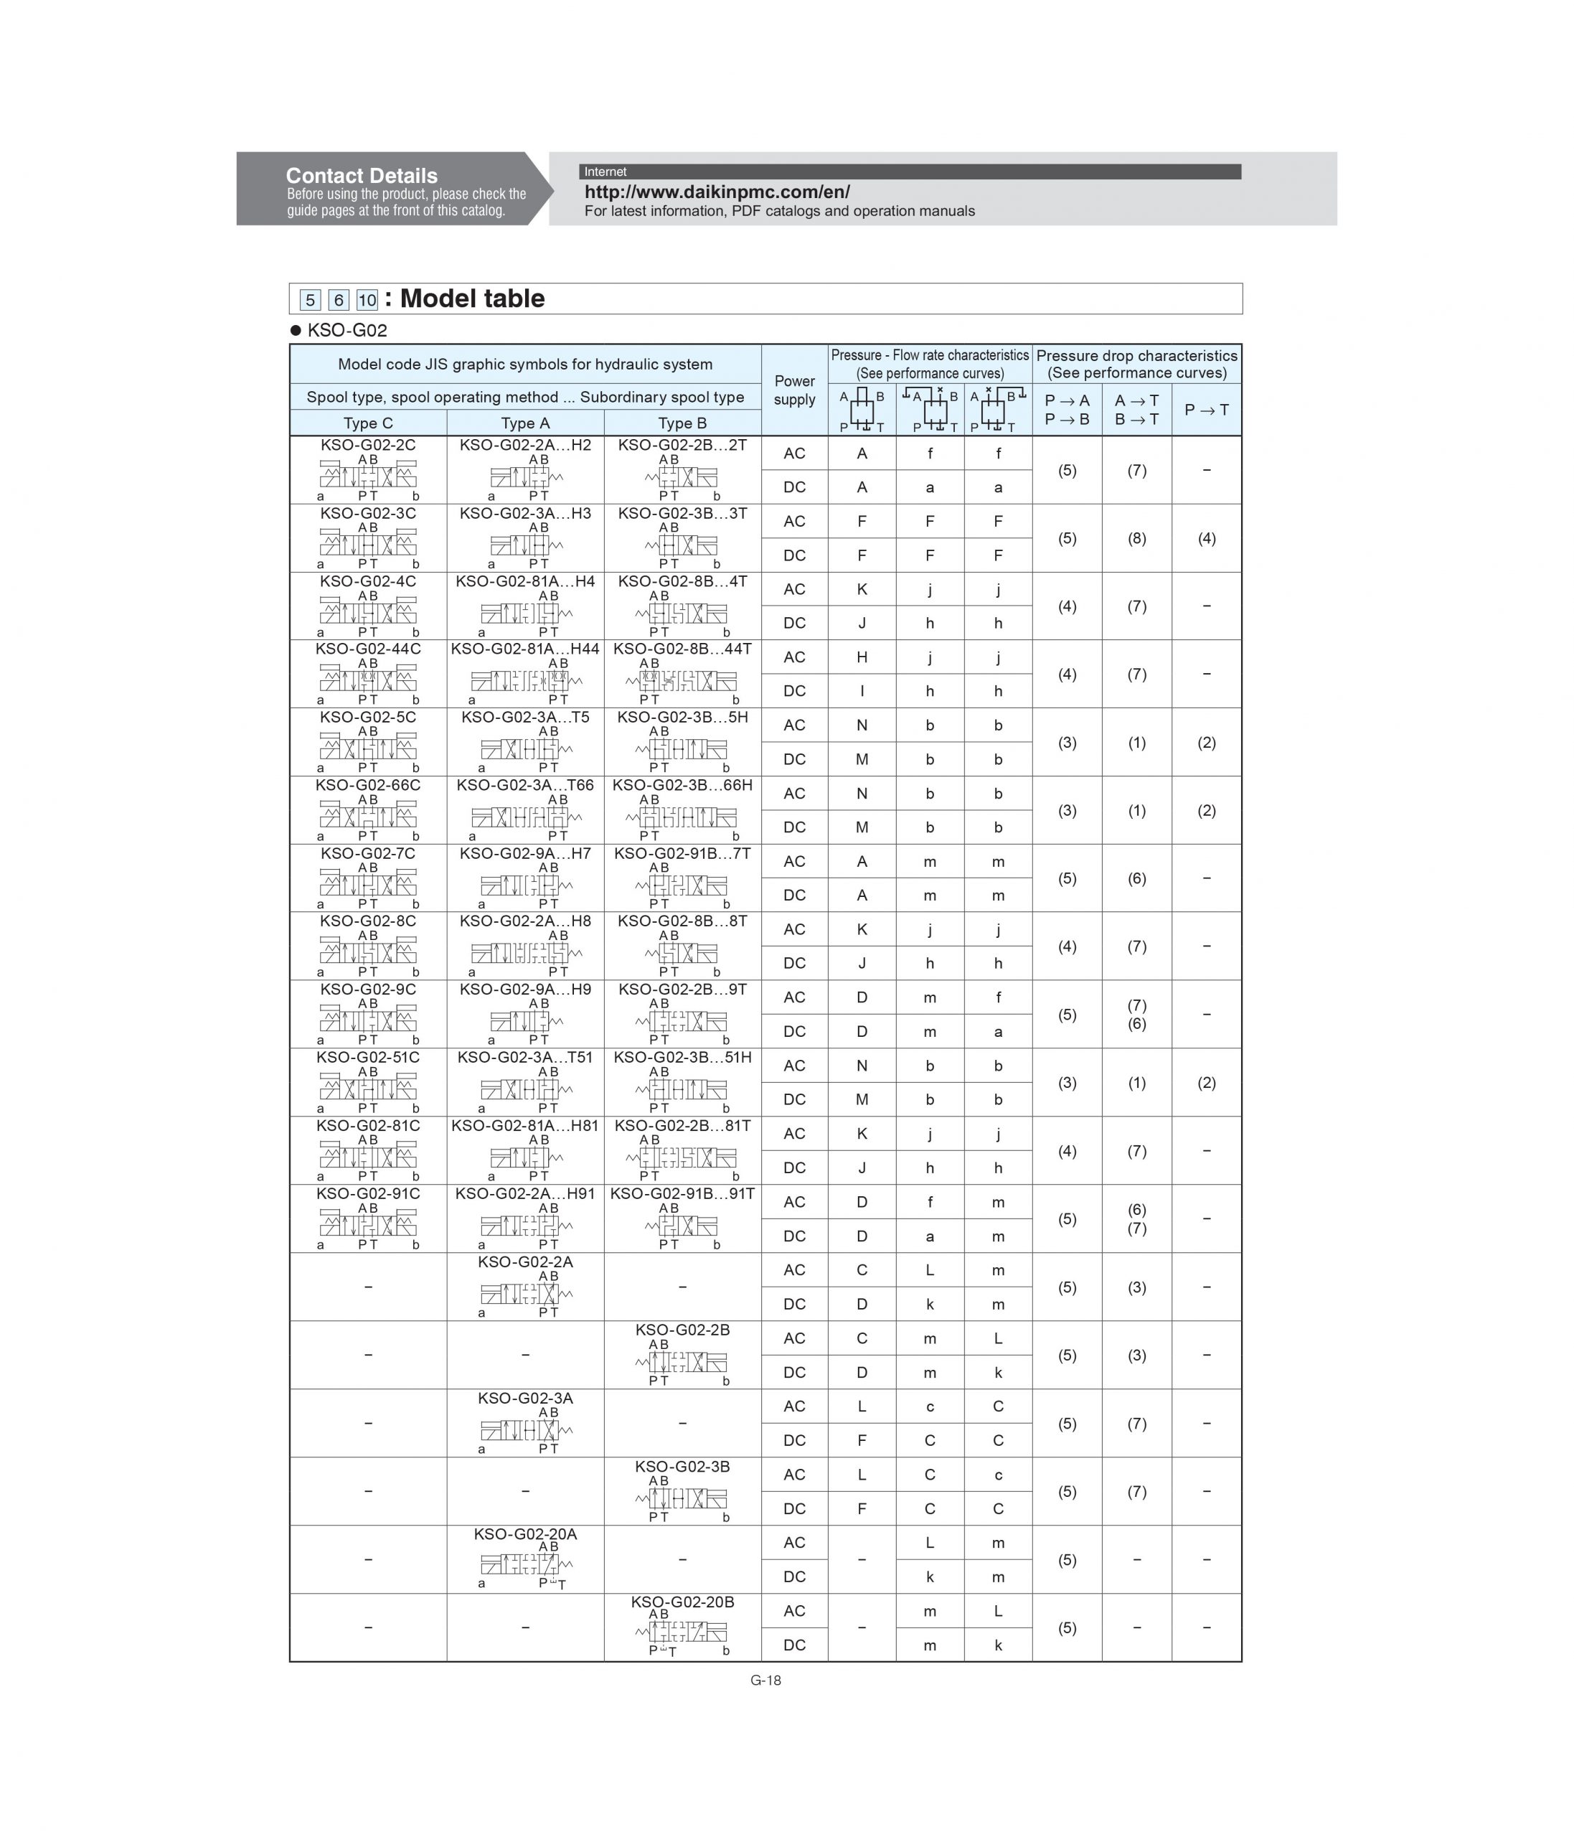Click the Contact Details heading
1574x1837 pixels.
click(361, 176)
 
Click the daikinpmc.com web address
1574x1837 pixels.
click(716, 192)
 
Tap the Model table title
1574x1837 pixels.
click(471, 299)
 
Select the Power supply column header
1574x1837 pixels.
click(794, 390)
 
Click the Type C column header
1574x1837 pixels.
click(368, 423)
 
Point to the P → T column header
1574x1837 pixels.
click(1205, 410)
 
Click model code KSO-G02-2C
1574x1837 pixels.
click(368, 445)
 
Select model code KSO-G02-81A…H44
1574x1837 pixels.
click(524, 649)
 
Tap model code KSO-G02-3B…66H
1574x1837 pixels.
click(682, 786)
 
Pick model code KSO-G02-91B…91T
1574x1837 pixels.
click(682, 1194)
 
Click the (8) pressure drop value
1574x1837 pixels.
click(1136, 538)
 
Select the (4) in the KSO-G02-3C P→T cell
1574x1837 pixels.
click(1205, 538)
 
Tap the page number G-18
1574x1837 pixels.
click(765, 1680)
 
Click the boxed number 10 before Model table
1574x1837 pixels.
click(366, 300)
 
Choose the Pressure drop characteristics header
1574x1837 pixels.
click(1136, 364)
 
